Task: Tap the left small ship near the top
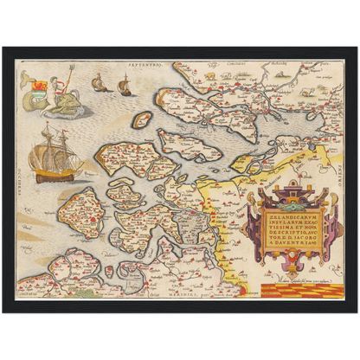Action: click(99, 84)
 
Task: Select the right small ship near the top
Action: click(124, 84)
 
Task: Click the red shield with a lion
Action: click(37, 84)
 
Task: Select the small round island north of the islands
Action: click(142, 119)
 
